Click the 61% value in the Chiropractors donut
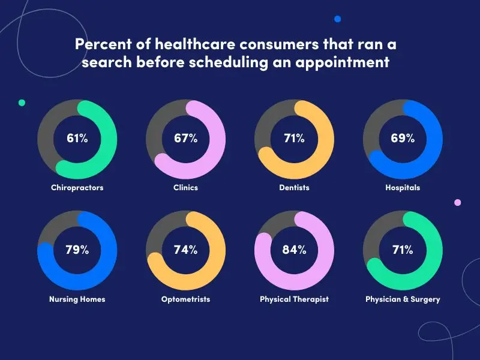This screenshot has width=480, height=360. [x=77, y=139]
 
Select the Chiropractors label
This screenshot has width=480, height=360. [x=77, y=188]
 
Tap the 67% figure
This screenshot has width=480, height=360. [x=186, y=139]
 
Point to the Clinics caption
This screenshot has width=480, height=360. [x=186, y=188]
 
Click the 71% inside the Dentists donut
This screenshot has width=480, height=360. [x=294, y=139]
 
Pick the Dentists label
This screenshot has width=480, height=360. [x=294, y=188]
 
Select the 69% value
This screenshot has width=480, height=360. [x=403, y=139]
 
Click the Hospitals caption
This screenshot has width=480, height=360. [x=403, y=188]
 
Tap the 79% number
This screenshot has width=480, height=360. [x=77, y=250]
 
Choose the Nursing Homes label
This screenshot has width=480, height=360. [x=77, y=299]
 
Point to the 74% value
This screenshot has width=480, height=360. [x=186, y=250]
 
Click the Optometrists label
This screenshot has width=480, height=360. [x=186, y=299]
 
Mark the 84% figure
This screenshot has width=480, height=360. [x=294, y=250]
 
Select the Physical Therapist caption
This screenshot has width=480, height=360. [x=294, y=299]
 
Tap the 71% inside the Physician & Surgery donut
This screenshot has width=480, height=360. [x=403, y=250]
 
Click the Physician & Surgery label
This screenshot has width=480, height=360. [x=403, y=299]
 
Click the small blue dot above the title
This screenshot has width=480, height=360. [x=337, y=19]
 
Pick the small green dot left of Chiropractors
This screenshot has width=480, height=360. [x=22, y=103]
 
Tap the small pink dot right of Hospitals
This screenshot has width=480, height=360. [x=458, y=203]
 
